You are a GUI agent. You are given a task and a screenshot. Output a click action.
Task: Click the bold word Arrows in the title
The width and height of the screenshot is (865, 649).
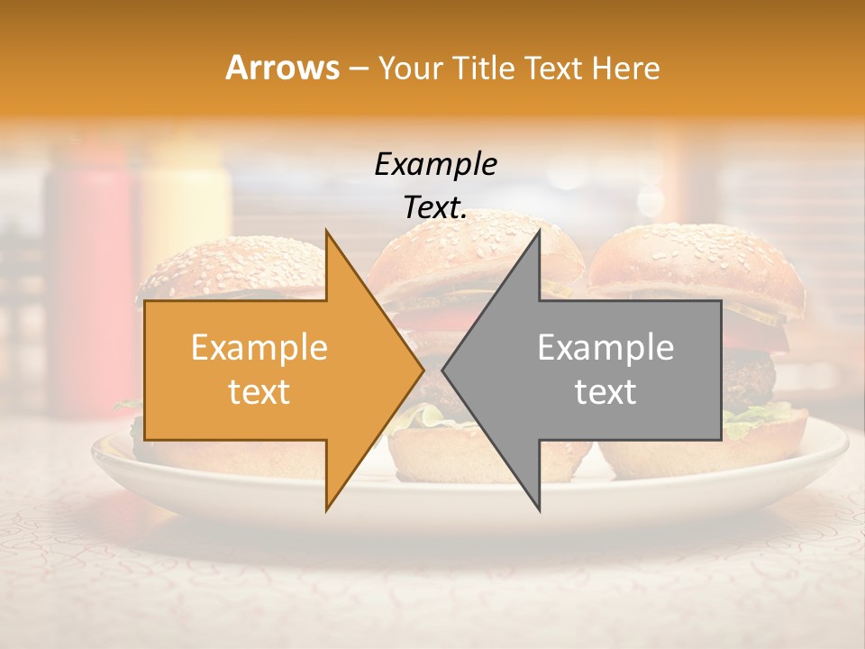[283, 68]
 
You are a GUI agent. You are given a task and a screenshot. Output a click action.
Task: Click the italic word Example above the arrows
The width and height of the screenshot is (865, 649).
[435, 165]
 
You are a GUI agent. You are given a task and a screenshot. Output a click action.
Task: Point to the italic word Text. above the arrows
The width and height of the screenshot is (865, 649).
[435, 208]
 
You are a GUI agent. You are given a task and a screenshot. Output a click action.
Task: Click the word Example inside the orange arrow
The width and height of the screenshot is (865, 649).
[259, 348]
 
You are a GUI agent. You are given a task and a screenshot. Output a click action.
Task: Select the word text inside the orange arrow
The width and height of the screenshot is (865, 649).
[259, 392]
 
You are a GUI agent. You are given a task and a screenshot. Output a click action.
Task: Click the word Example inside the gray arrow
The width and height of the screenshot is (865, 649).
[605, 348]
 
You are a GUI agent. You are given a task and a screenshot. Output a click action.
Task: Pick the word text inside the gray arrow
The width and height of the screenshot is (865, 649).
[605, 392]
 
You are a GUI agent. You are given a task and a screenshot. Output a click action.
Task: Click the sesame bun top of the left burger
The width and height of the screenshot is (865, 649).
[234, 266]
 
